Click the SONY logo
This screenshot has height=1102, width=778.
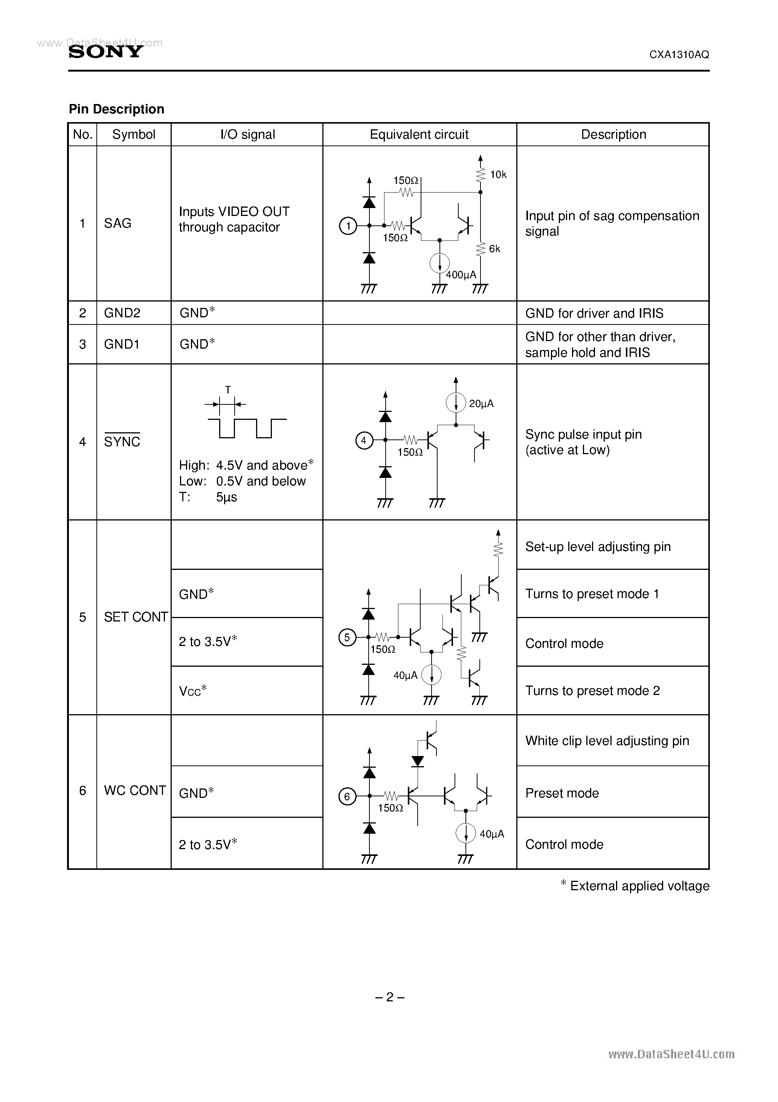pyautogui.click(x=105, y=51)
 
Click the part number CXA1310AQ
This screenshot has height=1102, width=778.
pyautogui.click(x=679, y=55)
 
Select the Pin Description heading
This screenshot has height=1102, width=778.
pyautogui.click(x=117, y=109)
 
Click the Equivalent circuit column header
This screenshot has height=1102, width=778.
pyautogui.click(x=419, y=135)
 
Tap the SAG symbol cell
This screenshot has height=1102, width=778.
pyautogui.click(x=117, y=223)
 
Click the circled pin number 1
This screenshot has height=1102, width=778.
pyautogui.click(x=348, y=226)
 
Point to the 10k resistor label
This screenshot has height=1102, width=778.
pyautogui.click(x=498, y=175)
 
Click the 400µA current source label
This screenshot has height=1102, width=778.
pyautogui.click(x=461, y=275)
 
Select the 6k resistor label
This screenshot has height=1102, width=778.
pyautogui.click(x=494, y=249)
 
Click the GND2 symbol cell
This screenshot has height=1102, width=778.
pyautogui.click(x=122, y=313)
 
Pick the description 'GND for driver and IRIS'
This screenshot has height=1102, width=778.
pyautogui.click(x=594, y=314)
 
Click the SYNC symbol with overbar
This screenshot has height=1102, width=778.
pyautogui.click(x=122, y=441)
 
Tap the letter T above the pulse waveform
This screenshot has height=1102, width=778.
pyautogui.click(x=228, y=390)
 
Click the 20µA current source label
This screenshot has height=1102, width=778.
pyautogui.click(x=481, y=404)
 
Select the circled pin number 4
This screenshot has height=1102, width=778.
pyautogui.click(x=363, y=440)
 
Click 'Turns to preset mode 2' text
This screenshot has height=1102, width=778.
pyautogui.click(x=592, y=691)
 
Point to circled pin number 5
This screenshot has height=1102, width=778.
pyautogui.click(x=347, y=637)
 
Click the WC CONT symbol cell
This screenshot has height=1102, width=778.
pyautogui.click(x=135, y=790)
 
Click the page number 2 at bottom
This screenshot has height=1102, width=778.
pyautogui.click(x=389, y=997)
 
